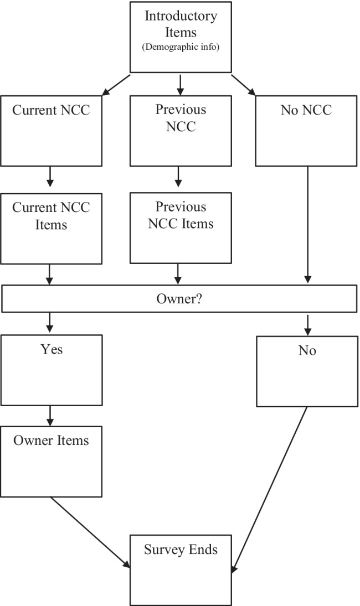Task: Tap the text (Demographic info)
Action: [181, 46]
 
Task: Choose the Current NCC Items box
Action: [51, 228]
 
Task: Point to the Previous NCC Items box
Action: [180, 228]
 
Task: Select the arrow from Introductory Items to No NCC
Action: [244, 84]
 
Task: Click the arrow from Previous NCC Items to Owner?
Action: [178, 274]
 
